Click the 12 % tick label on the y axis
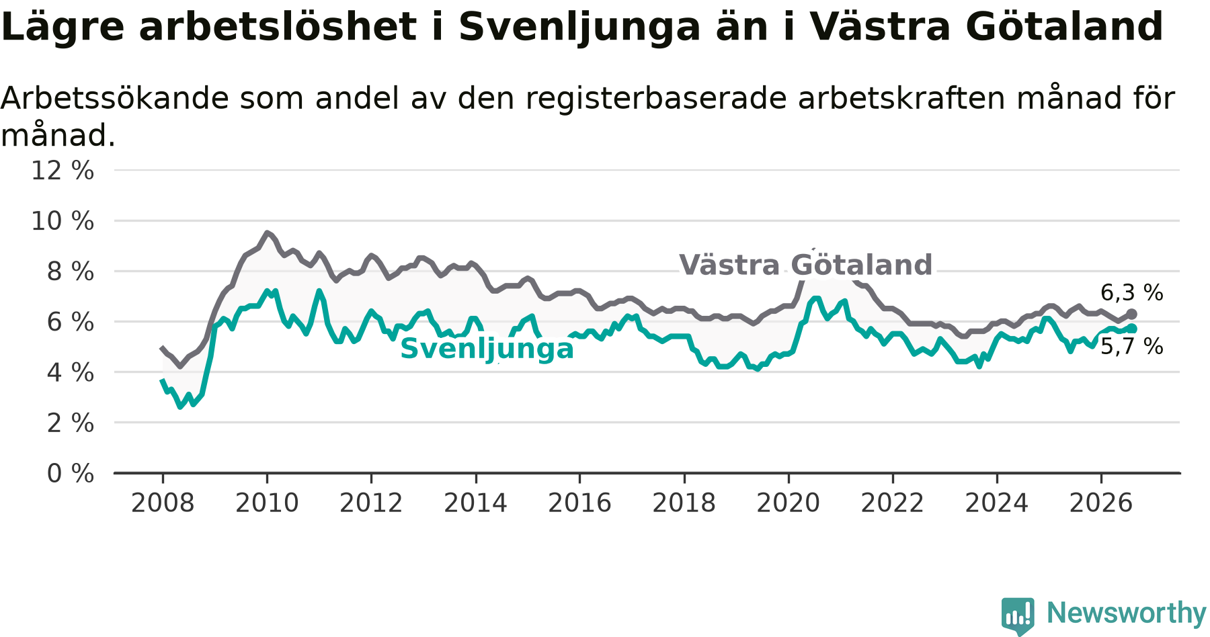point(63,171)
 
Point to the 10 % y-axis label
point(63,221)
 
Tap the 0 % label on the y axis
point(71,474)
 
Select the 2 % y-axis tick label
point(71,423)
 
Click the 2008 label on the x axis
point(163,503)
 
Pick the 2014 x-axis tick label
point(475,503)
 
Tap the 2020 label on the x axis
point(789,503)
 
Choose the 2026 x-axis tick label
point(1101,503)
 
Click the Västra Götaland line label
point(806,265)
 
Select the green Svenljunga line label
point(487,349)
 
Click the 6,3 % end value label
point(1132,293)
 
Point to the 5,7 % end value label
point(1132,347)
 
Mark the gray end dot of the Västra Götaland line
point(1131,314)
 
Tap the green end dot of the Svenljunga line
point(1131,329)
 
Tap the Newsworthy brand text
point(1127,613)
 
